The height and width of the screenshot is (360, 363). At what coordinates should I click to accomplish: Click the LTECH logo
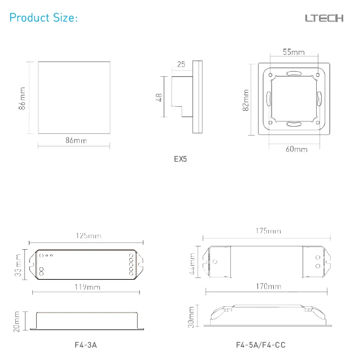click(x=324, y=18)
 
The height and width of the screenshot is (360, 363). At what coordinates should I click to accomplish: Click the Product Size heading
click(x=43, y=18)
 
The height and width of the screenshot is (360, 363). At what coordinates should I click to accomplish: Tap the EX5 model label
click(x=180, y=159)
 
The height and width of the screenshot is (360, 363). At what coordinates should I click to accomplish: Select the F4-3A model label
click(x=86, y=345)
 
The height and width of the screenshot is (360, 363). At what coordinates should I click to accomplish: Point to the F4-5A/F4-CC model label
click(x=261, y=345)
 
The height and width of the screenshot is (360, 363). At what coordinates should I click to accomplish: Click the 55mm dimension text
click(x=294, y=52)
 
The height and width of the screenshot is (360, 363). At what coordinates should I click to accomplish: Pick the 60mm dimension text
click(x=296, y=149)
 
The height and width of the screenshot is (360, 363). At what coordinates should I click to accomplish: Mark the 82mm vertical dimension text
click(x=246, y=100)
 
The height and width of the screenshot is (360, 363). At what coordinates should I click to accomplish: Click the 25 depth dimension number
click(x=181, y=64)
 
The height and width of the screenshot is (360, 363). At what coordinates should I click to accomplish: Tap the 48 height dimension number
click(x=159, y=97)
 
